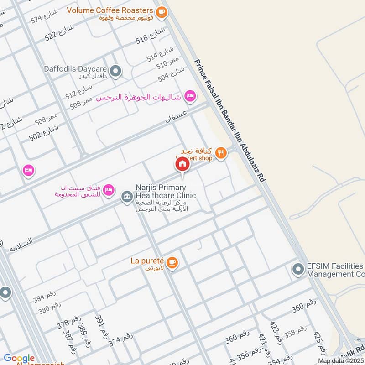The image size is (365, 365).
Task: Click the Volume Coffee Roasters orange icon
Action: click(161, 13)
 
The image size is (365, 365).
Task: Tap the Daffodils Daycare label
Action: click(75, 69)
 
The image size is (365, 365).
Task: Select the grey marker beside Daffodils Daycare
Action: click(116, 71)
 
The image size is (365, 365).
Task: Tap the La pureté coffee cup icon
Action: click(172, 262)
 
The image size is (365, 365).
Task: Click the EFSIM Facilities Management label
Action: click(336, 270)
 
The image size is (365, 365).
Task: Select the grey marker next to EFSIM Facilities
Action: click(298, 270)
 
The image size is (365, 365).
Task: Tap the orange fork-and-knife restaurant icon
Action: click(221, 153)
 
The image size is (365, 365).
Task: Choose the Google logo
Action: click(19, 359)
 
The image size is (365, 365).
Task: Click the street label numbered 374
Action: click(120, 340)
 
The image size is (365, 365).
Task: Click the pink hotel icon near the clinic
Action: click(108, 189)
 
